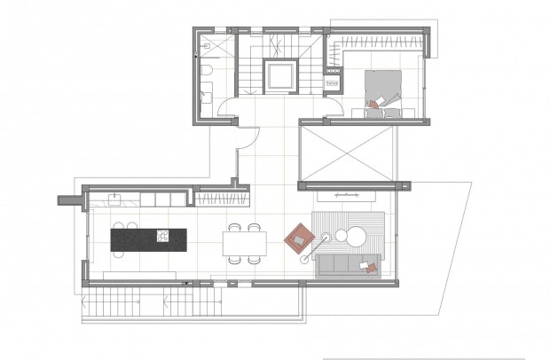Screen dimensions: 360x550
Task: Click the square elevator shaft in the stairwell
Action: pyautogui.click(x=282, y=77)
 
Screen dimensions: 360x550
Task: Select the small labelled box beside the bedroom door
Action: pyautogui.click(x=333, y=82)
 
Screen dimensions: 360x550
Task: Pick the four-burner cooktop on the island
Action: pyautogui.click(x=164, y=237)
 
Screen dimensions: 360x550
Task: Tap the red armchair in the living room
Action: pyautogui.click(x=299, y=236)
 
